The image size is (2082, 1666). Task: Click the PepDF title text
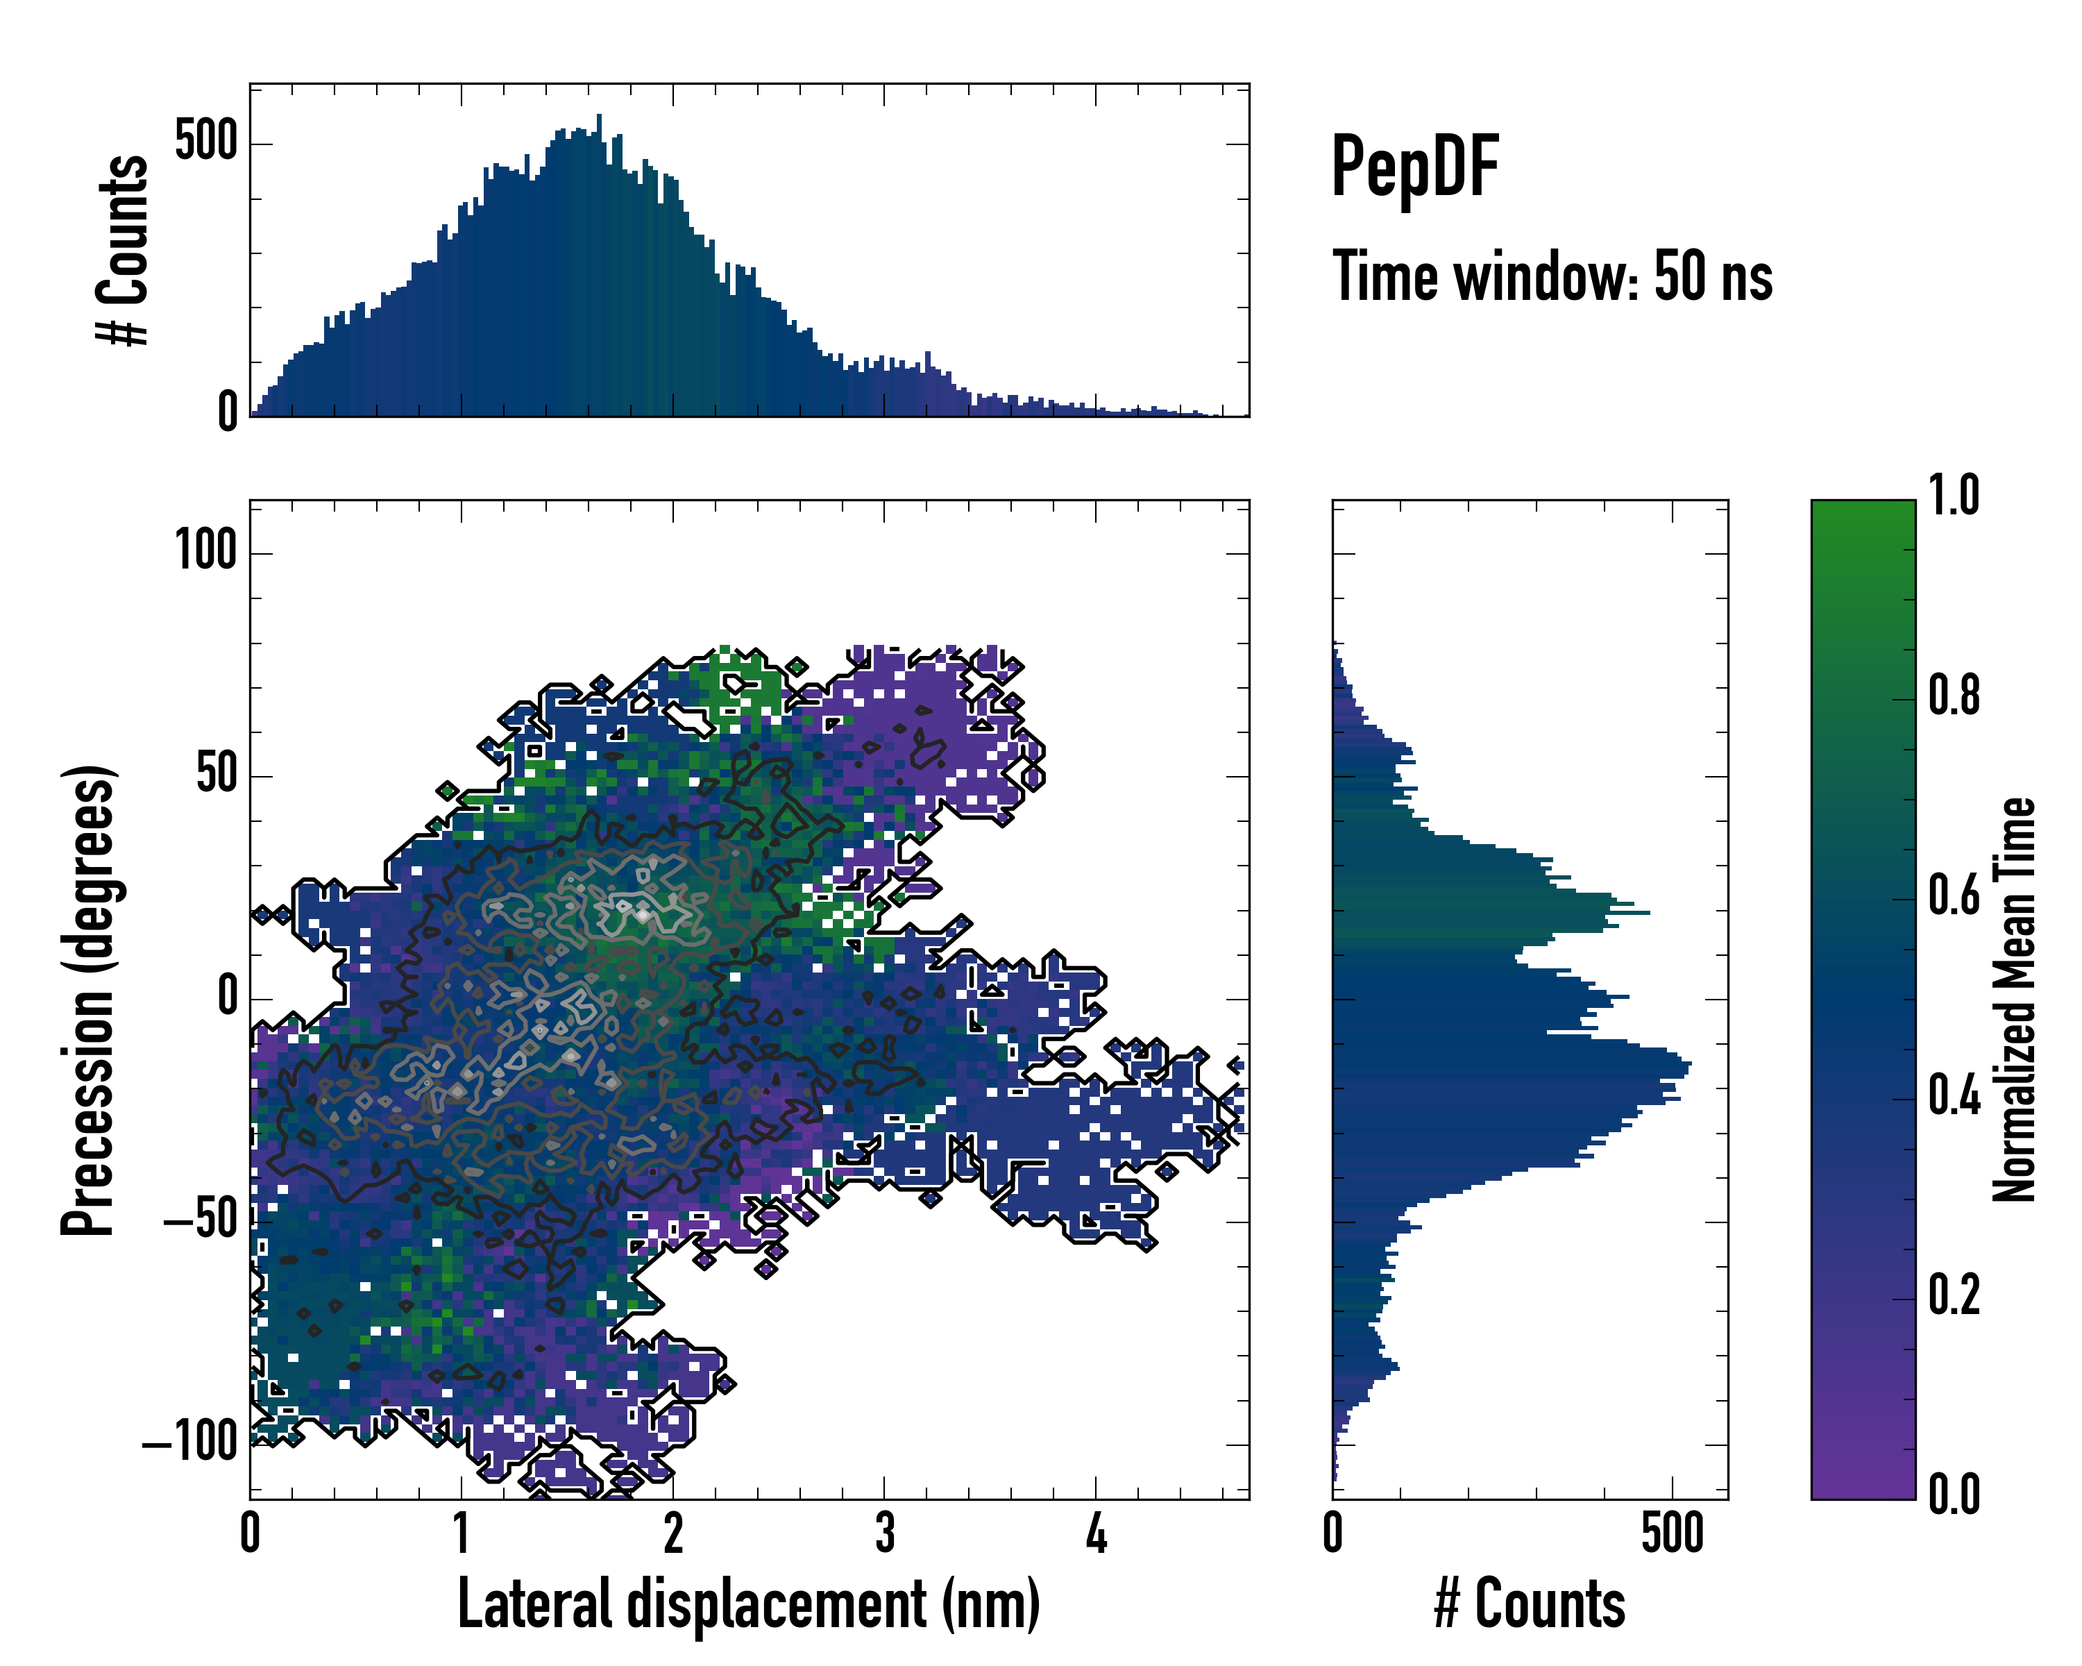(1414, 166)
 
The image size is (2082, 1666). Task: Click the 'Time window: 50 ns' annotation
(1552, 276)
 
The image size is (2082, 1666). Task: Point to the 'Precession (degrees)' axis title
(89, 1000)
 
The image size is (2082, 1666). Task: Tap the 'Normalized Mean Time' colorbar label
(2015, 1000)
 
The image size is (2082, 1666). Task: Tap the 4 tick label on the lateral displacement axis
(1095, 1533)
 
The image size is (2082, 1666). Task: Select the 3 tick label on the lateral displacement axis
(885, 1533)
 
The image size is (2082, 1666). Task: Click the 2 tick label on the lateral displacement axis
(673, 1533)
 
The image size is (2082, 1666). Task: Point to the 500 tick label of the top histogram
(205, 142)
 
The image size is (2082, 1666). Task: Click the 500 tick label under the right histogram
(1672, 1533)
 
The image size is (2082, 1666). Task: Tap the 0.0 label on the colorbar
(1954, 1494)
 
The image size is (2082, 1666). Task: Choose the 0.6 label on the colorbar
(1954, 895)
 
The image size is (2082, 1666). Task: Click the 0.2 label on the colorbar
(1954, 1295)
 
